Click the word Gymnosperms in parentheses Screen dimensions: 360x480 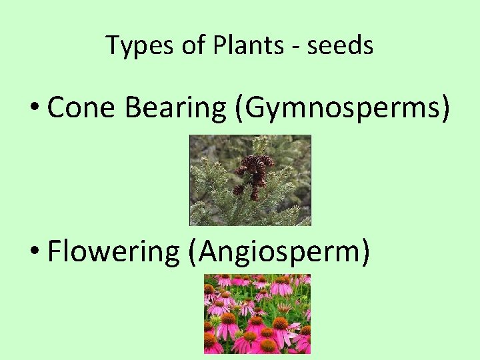pos(341,108)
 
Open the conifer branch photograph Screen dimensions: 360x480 pos(250,180)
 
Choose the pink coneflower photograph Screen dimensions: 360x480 pos(257,313)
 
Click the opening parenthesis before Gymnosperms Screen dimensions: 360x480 pos(239,108)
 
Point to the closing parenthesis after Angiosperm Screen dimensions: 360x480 pos(365,252)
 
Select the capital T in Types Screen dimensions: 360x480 pos(111,45)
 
